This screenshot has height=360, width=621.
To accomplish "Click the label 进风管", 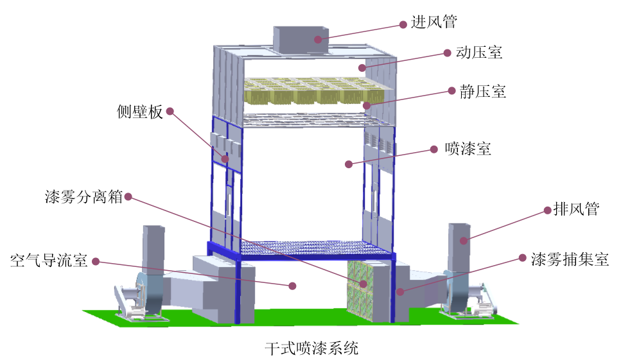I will pyautogui.click(x=433, y=22).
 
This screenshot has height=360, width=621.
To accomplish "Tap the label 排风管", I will pyautogui.click(x=575, y=209).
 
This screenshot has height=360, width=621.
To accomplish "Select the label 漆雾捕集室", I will pyautogui.click(x=570, y=259).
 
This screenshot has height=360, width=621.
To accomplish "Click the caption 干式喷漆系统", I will pyautogui.click(x=311, y=349).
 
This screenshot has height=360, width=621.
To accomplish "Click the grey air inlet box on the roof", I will pyautogui.click(x=301, y=39).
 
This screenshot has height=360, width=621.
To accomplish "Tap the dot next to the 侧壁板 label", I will pyautogui.click(x=170, y=111).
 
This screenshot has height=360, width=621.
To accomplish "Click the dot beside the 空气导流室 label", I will pyautogui.click(x=96, y=261).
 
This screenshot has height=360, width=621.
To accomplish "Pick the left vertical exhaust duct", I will pyautogui.click(x=153, y=247).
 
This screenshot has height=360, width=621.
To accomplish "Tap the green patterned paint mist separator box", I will pyautogui.click(x=359, y=289).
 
